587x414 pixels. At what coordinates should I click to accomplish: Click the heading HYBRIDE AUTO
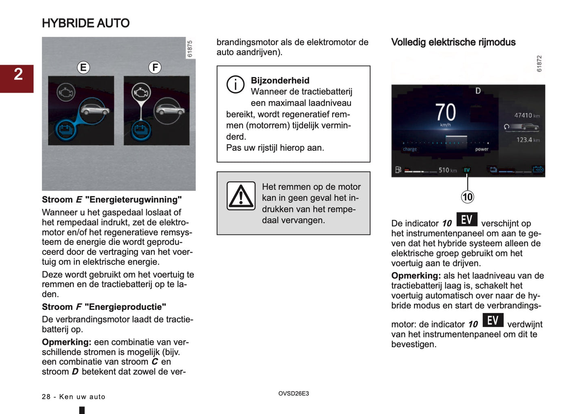pyautogui.click(x=86, y=23)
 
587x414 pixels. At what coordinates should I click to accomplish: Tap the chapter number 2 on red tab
pyautogui.click(x=18, y=74)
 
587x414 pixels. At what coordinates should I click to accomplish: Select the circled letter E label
pyautogui.click(x=83, y=68)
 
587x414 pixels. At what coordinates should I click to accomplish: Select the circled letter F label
pyautogui.click(x=155, y=68)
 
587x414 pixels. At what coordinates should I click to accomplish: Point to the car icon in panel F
pyautogui.click(x=170, y=110)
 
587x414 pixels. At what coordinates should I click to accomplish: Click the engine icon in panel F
pyautogui.click(x=141, y=93)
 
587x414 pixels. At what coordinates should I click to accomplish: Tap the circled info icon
pyautogui.click(x=235, y=85)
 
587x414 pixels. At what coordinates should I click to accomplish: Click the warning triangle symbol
pyautogui.click(x=241, y=196)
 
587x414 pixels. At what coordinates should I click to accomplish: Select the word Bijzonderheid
pyautogui.click(x=280, y=81)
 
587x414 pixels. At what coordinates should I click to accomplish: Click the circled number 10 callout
pyautogui.click(x=468, y=197)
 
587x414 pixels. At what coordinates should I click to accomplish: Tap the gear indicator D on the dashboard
pyautogui.click(x=478, y=91)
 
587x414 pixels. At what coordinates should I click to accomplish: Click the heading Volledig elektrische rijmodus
pyautogui.click(x=453, y=42)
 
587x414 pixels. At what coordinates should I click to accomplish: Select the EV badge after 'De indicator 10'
pyautogui.click(x=467, y=220)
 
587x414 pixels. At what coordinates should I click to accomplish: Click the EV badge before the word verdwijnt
pyautogui.click(x=493, y=320)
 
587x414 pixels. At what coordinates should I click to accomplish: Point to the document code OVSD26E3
pyautogui.click(x=293, y=394)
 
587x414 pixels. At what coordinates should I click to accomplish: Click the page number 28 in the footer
pyautogui.click(x=46, y=397)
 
